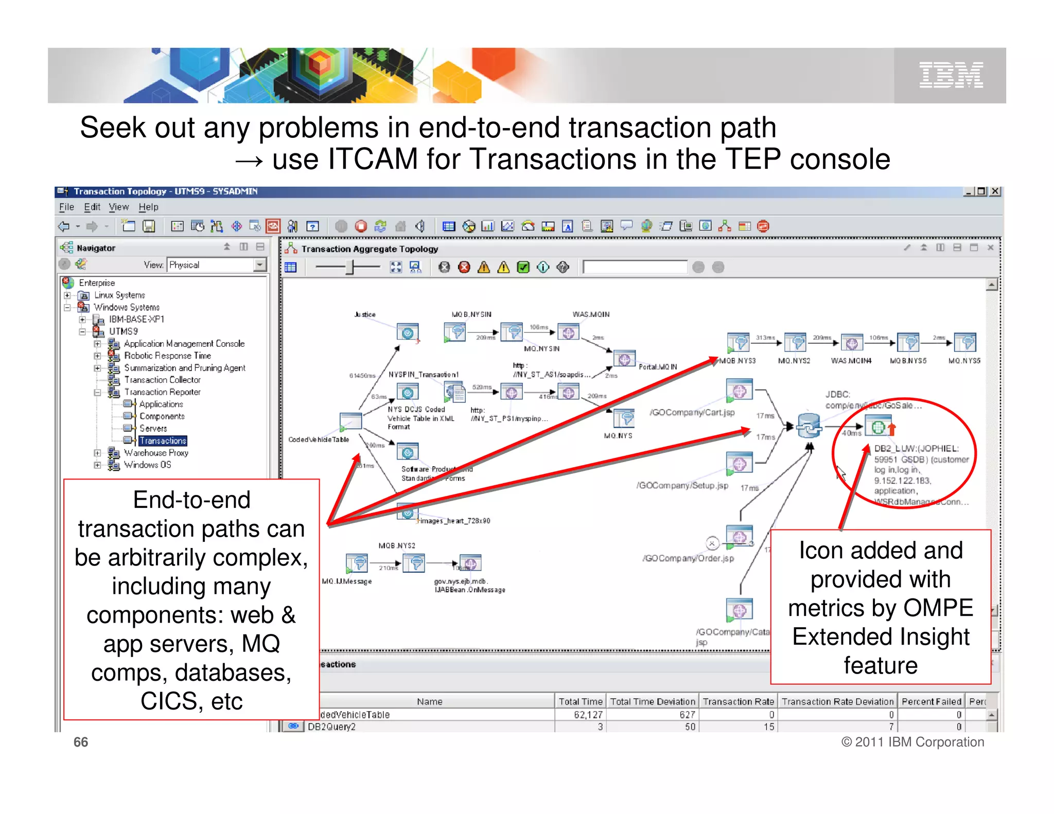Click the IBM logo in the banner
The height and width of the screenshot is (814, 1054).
951,75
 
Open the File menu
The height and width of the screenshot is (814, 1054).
66,207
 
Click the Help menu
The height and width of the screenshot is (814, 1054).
148,207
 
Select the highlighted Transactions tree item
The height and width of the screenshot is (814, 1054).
163,440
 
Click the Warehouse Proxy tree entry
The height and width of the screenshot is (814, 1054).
156,453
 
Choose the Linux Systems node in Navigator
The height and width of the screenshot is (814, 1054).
119,295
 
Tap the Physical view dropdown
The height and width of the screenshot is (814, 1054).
216,264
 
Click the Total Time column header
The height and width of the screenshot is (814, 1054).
580,701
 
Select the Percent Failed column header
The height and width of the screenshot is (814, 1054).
931,701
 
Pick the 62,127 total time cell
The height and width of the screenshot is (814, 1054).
588,715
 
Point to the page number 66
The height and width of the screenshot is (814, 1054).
81,742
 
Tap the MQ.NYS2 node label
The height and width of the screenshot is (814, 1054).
794,361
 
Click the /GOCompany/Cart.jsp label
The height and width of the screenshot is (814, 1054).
692,412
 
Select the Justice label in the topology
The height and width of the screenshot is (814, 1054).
365,314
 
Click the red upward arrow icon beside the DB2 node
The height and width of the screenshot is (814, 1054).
892,428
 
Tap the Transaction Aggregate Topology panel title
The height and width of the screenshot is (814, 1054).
370,249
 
